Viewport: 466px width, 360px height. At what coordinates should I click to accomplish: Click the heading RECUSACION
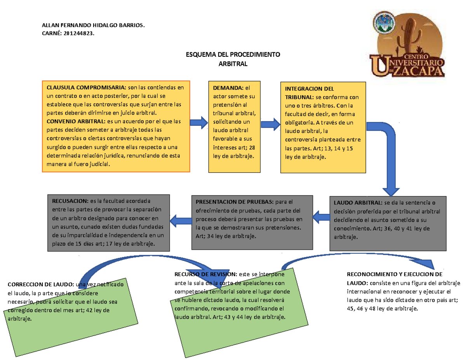pyautogui.click(x=70, y=201)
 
